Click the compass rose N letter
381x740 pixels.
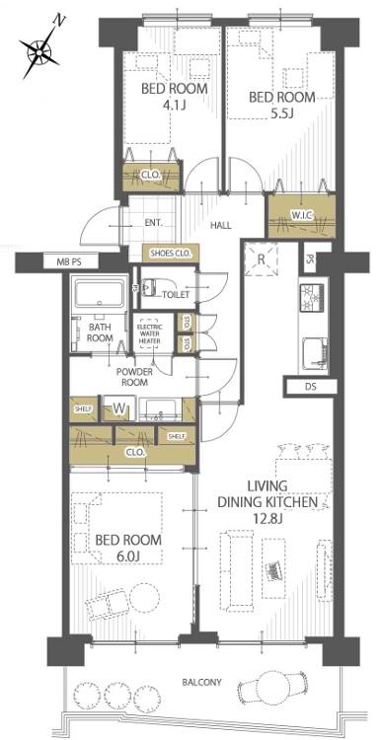click(60, 20)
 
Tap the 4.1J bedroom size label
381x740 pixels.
click(175, 105)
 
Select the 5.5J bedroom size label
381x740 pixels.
click(282, 113)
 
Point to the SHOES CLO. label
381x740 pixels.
click(171, 254)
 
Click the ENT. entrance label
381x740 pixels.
click(152, 223)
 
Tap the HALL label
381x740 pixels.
click(220, 226)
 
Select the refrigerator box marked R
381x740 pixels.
click(261, 259)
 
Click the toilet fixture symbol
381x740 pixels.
click(149, 286)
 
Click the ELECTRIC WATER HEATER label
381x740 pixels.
click(149, 333)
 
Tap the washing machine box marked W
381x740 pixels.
click(119, 408)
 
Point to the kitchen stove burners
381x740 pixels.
click(313, 297)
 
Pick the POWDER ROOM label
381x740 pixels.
click(134, 377)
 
